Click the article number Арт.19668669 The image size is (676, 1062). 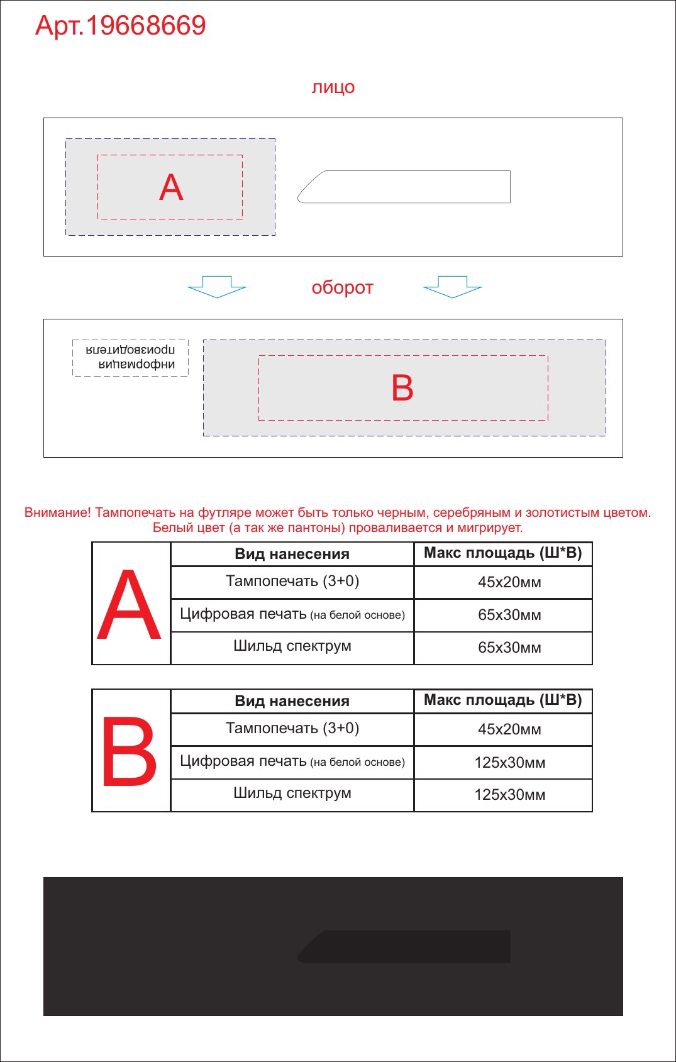[120, 25]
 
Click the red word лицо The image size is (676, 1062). [333, 87]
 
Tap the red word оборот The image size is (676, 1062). [342, 288]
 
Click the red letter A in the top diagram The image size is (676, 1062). [171, 187]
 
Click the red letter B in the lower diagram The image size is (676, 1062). [402, 388]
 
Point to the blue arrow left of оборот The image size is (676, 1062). [217, 287]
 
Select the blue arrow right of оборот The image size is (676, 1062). [453, 287]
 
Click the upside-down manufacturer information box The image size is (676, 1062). [130, 358]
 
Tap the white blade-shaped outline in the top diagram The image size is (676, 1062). [404, 187]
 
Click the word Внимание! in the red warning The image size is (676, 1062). [57, 512]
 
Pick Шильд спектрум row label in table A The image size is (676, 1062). [292, 646]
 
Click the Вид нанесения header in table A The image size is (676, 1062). [292, 554]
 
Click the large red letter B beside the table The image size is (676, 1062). [129, 751]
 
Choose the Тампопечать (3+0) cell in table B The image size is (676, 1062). [292, 728]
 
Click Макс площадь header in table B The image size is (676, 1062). [503, 700]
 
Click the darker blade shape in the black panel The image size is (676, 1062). [404, 946]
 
